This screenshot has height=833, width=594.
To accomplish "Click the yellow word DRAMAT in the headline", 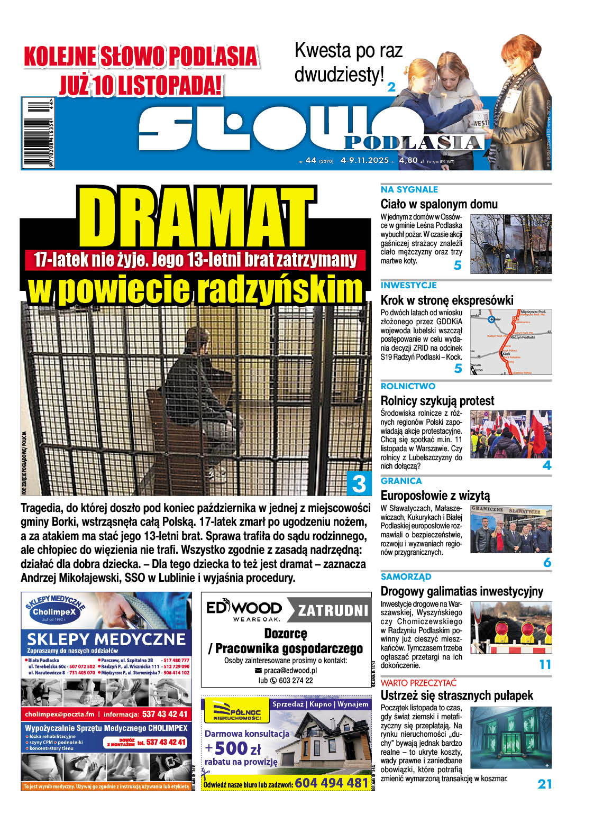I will pyautogui.click(x=196, y=217).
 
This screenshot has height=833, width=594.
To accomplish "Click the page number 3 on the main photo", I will pyautogui.click(x=359, y=483).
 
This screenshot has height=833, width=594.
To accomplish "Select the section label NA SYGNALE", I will pyautogui.click(x=409, y=189).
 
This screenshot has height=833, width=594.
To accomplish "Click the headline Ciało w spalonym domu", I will pyautogui.click(x=438, y=204).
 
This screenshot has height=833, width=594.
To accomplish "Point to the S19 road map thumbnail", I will pyautogui.click(x=510, y=342).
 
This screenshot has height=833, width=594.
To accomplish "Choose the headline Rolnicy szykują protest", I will pyautogui.click(x=437, y=401).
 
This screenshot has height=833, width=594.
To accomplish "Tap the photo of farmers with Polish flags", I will pyautogui.click(x=510, y=434).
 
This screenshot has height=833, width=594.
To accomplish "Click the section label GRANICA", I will pyautogui.click(x=401, y=481).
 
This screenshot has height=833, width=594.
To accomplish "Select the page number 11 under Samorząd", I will pyautogui.click(x=545, y=664).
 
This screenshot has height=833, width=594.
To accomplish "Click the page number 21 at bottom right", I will pyautogui.click(x=544, y=784).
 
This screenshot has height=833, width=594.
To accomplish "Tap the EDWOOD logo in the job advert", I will pyautogui.click(x=244, y=610).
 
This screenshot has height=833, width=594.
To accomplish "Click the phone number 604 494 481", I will pyautogui.click(x=331, y=783).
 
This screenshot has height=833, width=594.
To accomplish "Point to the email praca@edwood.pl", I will pyautogui.click(x=290, y=670).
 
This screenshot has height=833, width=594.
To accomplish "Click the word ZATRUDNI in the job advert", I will pyautogui.click(x=333, y=611).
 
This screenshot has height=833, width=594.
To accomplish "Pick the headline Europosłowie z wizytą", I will pyautogui.click(x=435, y=496).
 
